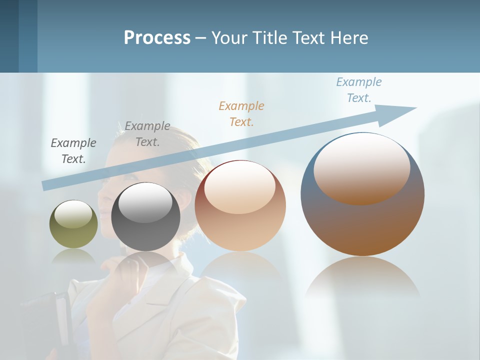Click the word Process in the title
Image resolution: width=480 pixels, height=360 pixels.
[157, 37]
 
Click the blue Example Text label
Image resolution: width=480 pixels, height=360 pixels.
[358, 90]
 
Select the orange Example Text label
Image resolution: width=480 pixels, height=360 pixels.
[241, 113]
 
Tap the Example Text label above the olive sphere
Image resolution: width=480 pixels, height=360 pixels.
[73, 151]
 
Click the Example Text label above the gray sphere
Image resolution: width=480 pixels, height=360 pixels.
[147, 134]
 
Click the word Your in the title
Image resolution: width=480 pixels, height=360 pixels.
[230, 37]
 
